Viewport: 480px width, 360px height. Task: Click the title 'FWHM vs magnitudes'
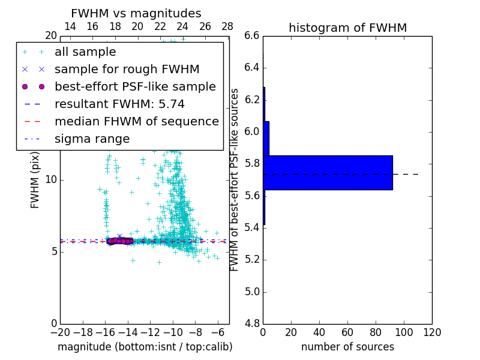[x=136, y=13]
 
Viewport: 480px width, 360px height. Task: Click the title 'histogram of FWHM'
[x=347, y=28]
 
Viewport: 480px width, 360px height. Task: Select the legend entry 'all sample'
[x=85, y=52]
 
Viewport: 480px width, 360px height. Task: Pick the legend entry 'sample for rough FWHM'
[x=127, y=69]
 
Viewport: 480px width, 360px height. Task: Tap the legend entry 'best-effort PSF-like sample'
[x=135, y=86]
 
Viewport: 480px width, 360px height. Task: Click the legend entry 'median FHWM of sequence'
[x=136, y=121]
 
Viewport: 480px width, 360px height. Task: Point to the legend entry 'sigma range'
[x=92, y=139]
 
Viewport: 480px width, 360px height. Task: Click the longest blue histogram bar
[x=328, y=173]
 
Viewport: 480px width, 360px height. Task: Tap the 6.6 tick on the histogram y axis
[x=253, y=35]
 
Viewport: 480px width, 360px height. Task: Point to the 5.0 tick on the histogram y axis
[x=253, y=292]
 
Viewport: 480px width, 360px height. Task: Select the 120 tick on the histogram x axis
[x=432, y=332]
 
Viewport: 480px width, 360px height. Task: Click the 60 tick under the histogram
[x=347, y=332]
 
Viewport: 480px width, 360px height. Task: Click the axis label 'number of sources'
[x=347, y=347]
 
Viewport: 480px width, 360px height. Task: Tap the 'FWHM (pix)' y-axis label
[x=35, y=179]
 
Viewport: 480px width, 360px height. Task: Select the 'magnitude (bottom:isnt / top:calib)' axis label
[x=145, y=347]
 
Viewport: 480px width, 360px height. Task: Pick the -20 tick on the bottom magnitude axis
[x=60, y=332]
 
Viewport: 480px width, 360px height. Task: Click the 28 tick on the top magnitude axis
[x=227, y=26]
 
